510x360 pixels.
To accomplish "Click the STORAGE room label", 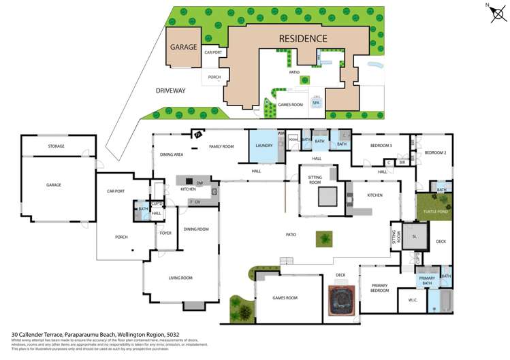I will pyautogui.click(x=56, y=146).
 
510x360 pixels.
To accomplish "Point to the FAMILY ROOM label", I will pyautogui.click(x=221, y=146).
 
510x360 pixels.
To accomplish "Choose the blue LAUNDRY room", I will pyautogui.click(x=264, y=146).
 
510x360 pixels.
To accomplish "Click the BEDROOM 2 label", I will pyautogui.click(x=435, y=153).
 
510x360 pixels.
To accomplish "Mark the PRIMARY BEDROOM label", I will pyautogui.click(x=379, y=288).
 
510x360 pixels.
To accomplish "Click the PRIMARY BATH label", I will pyautogui.click(x=427, y=280).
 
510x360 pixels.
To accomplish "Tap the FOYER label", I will pyautogui.click(x=165, y=233).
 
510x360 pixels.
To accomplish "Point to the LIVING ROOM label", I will pyautogui.click(x=180, y=278).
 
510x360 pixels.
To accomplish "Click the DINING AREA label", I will pyautogui.click(x=171, y=154).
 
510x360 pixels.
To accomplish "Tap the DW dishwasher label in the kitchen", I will pyautogui.click(x=199, y=183).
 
